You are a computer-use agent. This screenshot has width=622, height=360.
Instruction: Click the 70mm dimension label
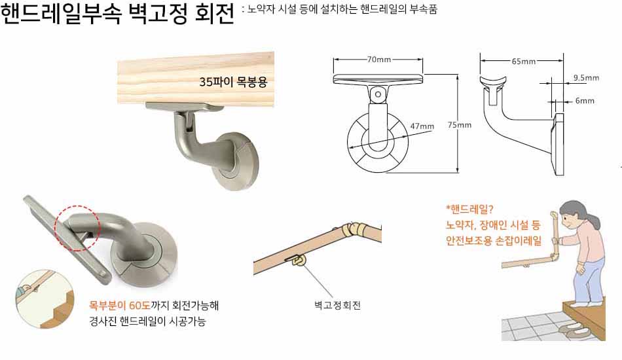click(379, 60)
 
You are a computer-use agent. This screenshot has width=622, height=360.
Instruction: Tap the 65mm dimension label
click(523, 61)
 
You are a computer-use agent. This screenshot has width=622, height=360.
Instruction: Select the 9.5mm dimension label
click(586, 78)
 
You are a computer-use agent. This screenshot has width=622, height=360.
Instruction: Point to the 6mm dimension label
click(585, 101)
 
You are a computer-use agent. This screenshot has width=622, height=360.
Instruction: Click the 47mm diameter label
click(422, 126)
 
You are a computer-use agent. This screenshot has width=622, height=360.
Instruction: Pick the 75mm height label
click(460, 125)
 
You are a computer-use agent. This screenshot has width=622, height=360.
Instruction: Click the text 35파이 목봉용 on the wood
click(233, 82)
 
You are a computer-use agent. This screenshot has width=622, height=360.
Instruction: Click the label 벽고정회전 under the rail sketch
click(337, 305)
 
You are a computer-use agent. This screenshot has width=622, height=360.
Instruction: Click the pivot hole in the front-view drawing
click(378, 94)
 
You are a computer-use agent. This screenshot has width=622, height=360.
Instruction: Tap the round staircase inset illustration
click(45, 299)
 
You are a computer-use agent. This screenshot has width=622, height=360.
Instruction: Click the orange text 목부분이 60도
click(119, 306)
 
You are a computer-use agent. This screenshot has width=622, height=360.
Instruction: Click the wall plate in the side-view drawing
click(558, 144)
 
